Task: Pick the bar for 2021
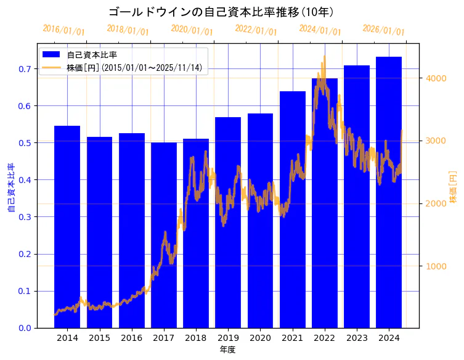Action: click(x=293, y=210)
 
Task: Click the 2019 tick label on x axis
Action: click(x=228, y=338)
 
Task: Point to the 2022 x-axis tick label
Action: click(x=325, y=338)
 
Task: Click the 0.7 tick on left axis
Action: click(x=25, y=68)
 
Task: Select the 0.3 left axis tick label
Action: click(x=25, y=217)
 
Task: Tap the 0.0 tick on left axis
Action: click(x=25, y=328)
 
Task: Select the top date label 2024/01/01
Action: click(x=320, y=30)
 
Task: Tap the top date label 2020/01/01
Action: click(x=192, y=30)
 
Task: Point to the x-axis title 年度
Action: click(x=228, y=350)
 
